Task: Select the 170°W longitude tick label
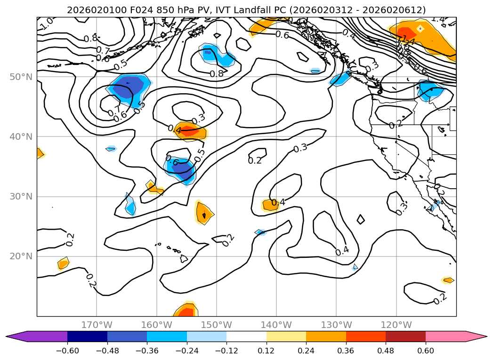[97, 325]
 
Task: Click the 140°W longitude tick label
[276, 325]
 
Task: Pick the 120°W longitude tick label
[396, 325]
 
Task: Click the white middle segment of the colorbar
[246, 336]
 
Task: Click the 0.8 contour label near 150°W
[217, 74]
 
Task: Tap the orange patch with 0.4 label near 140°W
[271, 204]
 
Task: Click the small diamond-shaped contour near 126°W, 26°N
[361, 219]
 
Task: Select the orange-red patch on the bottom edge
[185, 311]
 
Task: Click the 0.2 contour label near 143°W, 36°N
[255, 160]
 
